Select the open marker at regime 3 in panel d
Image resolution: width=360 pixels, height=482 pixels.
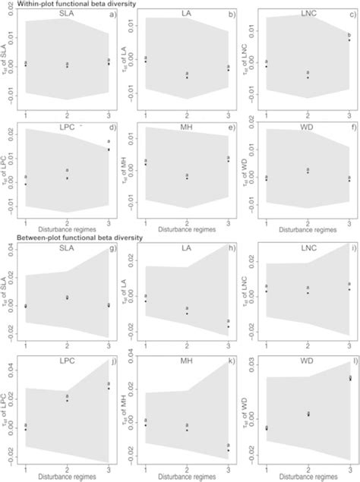click(109, 142)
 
